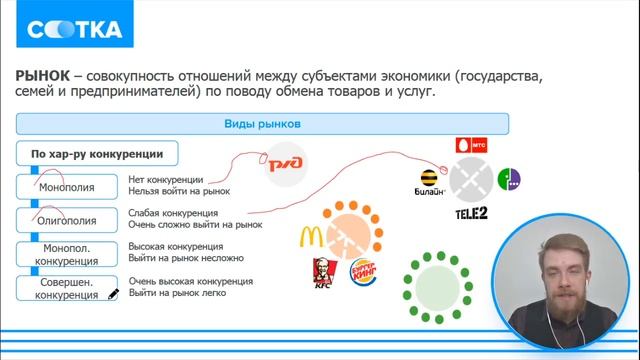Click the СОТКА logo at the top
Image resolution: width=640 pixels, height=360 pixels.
point(68,29)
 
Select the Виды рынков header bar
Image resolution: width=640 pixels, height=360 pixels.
point(263,125)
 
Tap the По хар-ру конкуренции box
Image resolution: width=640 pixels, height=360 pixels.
point(97,154)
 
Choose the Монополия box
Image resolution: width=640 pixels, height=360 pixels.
point(67,186)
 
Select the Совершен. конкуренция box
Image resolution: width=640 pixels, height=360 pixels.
point(67,287)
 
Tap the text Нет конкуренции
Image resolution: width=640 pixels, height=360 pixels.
point(165,180)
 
